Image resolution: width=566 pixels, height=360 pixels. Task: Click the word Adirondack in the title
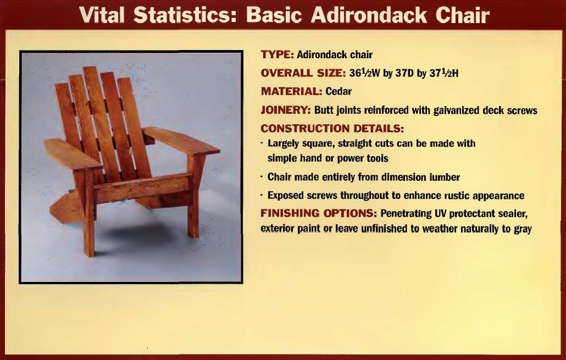[369, 15]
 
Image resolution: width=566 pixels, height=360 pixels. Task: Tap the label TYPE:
[277, 54]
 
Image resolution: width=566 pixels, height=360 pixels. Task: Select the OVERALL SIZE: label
[303, 73]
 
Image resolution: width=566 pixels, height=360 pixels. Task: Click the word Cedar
[339, 91]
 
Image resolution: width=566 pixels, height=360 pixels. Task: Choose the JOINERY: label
[286, 110]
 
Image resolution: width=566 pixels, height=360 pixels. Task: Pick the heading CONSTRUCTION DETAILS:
[332, 129]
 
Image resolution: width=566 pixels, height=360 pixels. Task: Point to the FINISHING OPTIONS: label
[319, 213]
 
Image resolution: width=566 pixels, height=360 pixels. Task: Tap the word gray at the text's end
[523, 229]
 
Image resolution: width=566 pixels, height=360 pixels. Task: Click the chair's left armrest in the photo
[73, 154]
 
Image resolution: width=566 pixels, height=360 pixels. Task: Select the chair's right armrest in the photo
[181, 141]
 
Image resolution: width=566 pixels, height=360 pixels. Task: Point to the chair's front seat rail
[142, 187]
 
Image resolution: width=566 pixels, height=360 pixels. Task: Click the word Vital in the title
[102, 15]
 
